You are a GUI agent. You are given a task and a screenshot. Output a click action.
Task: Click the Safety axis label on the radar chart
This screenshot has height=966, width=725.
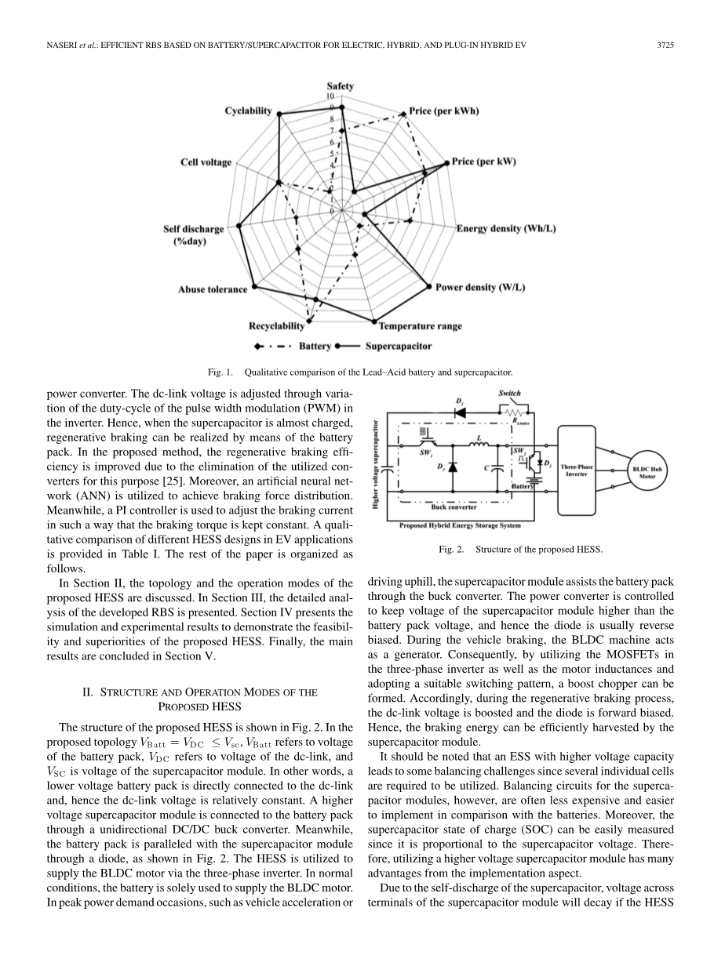click(340, 86)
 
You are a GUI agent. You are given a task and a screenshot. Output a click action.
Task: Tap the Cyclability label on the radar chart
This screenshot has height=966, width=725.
click(248, 111)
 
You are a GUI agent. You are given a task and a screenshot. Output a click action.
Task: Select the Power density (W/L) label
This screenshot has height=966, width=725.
click(480, 288)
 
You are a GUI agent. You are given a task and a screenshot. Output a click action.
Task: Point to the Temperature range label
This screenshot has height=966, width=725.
click(421, 326)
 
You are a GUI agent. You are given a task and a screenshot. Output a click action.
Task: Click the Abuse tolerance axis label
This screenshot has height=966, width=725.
click(212, 290)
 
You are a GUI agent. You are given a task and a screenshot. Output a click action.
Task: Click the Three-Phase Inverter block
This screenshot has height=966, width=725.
click(577, 470)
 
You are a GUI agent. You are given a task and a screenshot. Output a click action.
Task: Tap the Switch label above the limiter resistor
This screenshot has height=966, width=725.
click(509, 393)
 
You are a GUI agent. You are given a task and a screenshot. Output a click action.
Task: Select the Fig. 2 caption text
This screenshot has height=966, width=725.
click(520, 550)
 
